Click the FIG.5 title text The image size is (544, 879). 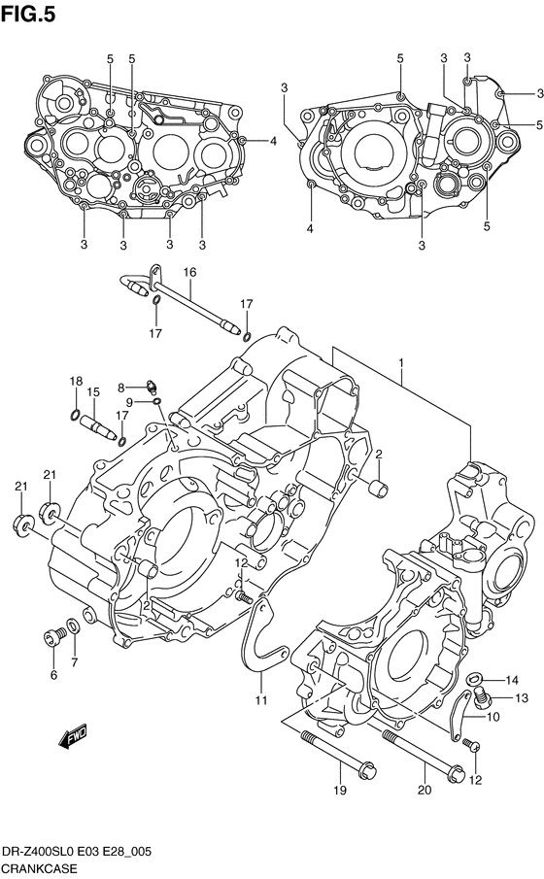28,14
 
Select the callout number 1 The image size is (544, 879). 401,363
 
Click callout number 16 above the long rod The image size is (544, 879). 189,273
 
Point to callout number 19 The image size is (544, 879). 340,791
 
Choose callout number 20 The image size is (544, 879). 425,790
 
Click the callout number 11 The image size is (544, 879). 260,699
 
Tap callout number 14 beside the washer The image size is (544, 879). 512,681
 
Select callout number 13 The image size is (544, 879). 522,698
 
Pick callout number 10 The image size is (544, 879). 493,717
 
